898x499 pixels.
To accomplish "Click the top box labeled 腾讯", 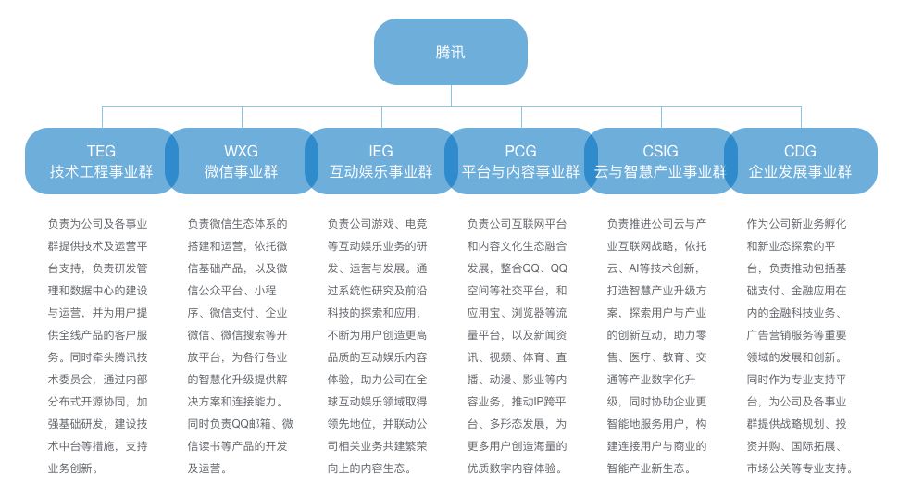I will [451, 52].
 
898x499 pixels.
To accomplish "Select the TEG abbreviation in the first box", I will [102, 151].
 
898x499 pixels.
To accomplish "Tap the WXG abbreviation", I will [242, 151].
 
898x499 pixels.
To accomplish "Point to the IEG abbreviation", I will [381, 151].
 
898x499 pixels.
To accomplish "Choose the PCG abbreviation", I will [521, 151].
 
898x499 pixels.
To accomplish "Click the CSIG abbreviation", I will [660, 151].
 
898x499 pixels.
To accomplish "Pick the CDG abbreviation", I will [800, 151].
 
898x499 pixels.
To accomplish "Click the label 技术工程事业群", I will [102, 172].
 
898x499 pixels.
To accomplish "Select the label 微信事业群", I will [242, 172].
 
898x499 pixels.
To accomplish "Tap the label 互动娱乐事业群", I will [381, 172].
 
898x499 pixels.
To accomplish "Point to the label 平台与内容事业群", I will [521, 172].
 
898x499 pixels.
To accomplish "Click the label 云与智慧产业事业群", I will [660, 172].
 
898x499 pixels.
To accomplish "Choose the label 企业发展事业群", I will [800, 172].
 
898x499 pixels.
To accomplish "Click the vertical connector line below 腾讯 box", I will [452, 95].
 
